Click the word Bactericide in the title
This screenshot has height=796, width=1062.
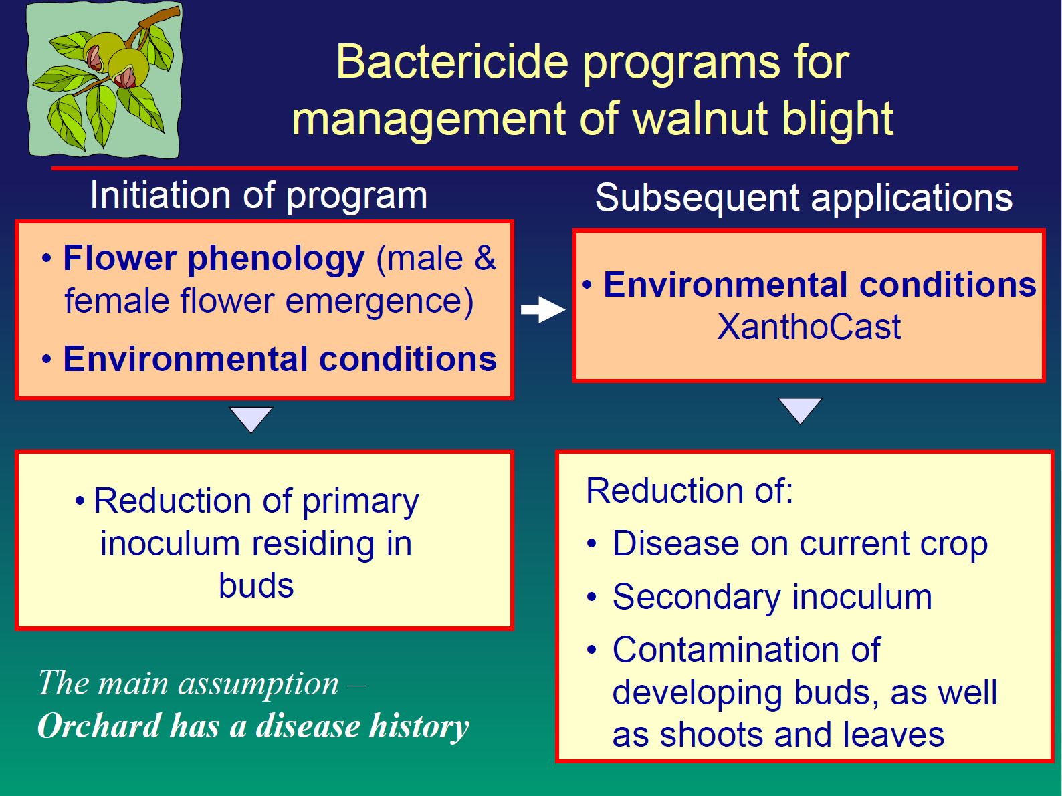452,62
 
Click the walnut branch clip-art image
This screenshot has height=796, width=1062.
105,80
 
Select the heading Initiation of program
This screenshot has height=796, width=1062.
259,196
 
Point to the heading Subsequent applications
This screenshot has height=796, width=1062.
804,198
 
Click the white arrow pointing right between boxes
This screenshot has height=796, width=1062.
543,309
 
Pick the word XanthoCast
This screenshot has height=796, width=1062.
809,327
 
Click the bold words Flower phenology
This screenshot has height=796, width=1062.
213,259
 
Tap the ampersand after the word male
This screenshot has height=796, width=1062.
485,257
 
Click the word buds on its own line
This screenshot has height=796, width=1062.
256,585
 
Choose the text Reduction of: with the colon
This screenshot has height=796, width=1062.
689,491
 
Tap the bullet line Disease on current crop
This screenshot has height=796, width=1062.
786,545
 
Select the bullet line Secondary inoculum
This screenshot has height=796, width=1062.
758,598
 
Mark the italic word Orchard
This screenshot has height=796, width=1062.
99,726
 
